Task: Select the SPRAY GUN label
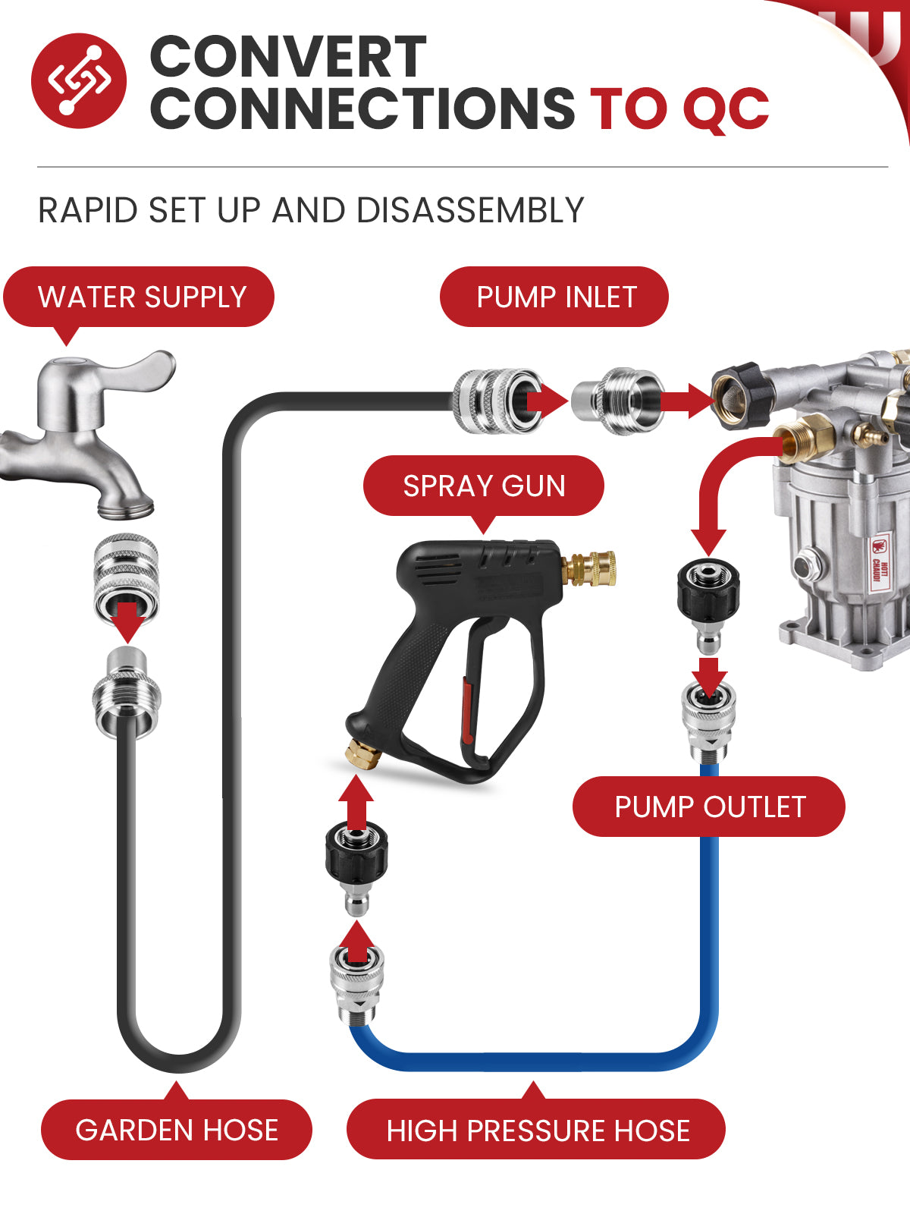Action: click(484, 486)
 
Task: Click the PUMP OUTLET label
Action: click(710, 807)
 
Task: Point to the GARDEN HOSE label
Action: click(177, 1129)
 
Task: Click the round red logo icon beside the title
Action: click(79, 80)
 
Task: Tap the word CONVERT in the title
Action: click(288, 56)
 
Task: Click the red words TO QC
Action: click(679, 109)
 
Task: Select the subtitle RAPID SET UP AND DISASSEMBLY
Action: click(310, 210)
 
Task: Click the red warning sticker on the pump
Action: click(878, 562)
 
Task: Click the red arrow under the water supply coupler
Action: click(127, 622)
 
